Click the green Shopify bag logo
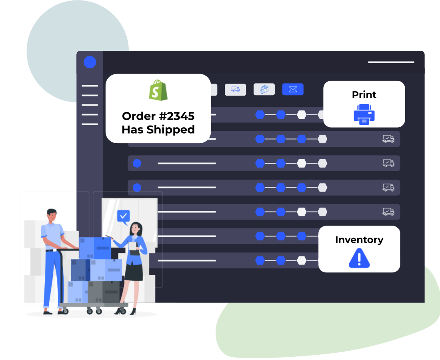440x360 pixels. [x=158, y=90]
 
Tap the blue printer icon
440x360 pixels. [x=364, y=114]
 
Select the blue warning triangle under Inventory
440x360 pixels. [x=359, y=258]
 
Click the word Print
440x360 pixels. [x=364, y=94]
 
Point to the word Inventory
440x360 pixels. [x=359, y=240]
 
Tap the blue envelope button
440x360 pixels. [x=293, y=89]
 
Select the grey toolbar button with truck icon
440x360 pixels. [x=236, y=90]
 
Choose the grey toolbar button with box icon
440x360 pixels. [x=264, y=90]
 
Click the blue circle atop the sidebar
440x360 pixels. [x=90, y=62]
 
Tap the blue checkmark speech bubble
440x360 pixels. [x=124, y=217]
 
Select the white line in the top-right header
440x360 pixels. [x=391, y=62]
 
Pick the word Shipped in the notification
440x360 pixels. [x=171, y=130]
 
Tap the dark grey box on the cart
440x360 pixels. [x=104, y=292]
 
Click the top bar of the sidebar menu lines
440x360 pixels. [x=90, y=86]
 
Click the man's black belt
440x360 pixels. [x=51, y=250]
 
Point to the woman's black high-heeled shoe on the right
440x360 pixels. [x=133, y=312]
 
